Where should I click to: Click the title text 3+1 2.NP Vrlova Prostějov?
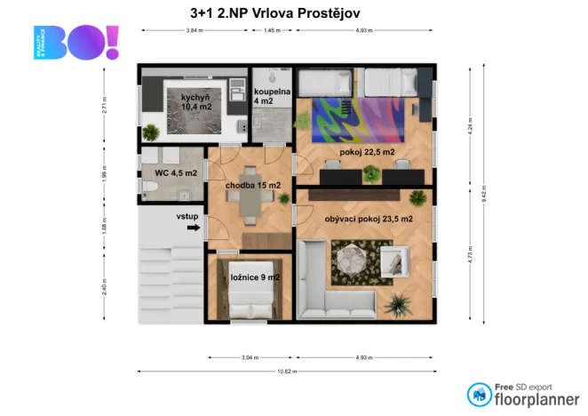pos(275,13)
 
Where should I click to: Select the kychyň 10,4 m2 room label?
pos(196,101)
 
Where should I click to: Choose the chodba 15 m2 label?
pos(253,185)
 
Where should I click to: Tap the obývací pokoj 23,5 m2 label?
pos(369,218)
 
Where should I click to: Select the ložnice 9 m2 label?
pos(255,277)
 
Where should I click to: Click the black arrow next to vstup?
pos(192,228)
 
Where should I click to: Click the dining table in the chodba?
pos(253,205)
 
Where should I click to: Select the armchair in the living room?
pos(392,260)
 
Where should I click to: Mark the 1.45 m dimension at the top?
pos(272,31)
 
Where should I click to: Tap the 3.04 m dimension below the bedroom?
pos(250,357)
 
